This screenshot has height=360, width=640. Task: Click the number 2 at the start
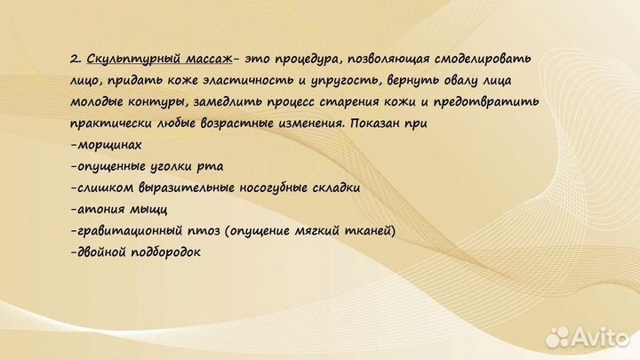pos(75,59)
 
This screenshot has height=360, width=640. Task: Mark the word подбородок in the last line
pos(163,252)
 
